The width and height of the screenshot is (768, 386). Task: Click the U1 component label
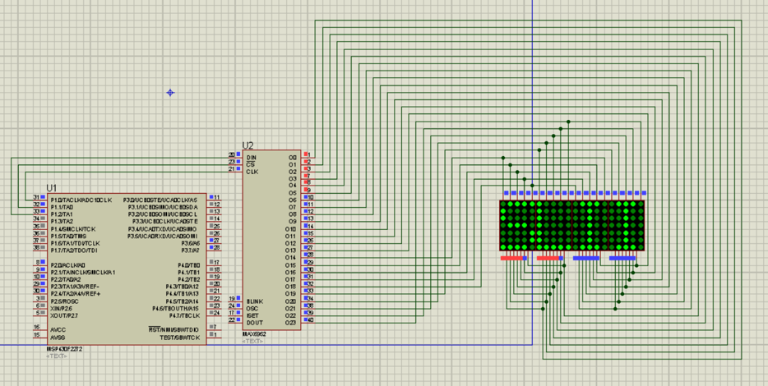52,188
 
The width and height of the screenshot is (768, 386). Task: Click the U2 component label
248,145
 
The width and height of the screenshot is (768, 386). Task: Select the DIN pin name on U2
251,157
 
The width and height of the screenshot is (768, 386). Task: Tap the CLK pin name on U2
252,171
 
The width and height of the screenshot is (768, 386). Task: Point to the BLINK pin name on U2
255,301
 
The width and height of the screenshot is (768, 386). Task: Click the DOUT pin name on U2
254,322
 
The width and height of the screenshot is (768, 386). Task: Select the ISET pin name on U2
253,315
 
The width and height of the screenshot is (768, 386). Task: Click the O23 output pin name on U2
290,322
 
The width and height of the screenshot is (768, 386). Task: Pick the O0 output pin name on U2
292,157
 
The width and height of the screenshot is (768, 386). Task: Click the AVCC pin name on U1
58,329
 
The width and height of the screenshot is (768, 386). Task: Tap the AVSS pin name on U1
58,337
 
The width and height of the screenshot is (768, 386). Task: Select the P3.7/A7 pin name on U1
190,250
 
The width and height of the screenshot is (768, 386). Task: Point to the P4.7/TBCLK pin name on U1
183,315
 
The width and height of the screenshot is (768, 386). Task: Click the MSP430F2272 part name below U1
65,348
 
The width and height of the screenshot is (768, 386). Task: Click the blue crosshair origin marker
170,92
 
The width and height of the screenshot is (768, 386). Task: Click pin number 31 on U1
36,198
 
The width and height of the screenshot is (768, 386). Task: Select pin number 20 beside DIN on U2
232,155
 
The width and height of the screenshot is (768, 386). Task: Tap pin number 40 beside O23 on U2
309,320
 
